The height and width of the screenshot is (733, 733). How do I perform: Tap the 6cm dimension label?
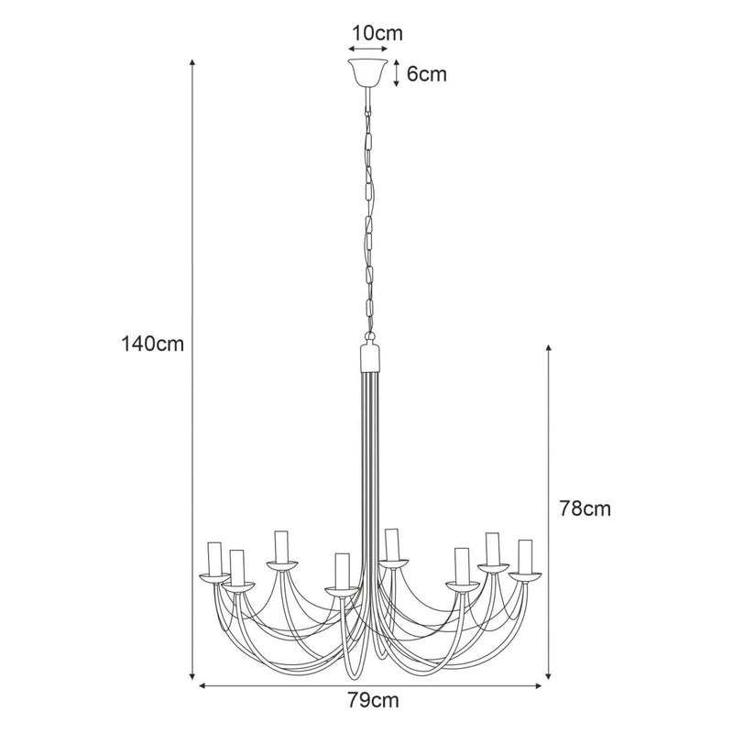point(426,74)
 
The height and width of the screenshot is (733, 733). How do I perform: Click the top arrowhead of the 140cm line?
point(192,62)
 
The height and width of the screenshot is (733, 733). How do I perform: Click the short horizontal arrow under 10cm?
point(366,49)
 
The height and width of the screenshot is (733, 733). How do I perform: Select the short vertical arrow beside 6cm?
point(396,73)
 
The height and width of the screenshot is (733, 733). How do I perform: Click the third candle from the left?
point(282,546)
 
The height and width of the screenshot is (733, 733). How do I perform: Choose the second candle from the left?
point(237,566)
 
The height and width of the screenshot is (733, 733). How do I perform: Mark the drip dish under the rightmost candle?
point(525,576)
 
